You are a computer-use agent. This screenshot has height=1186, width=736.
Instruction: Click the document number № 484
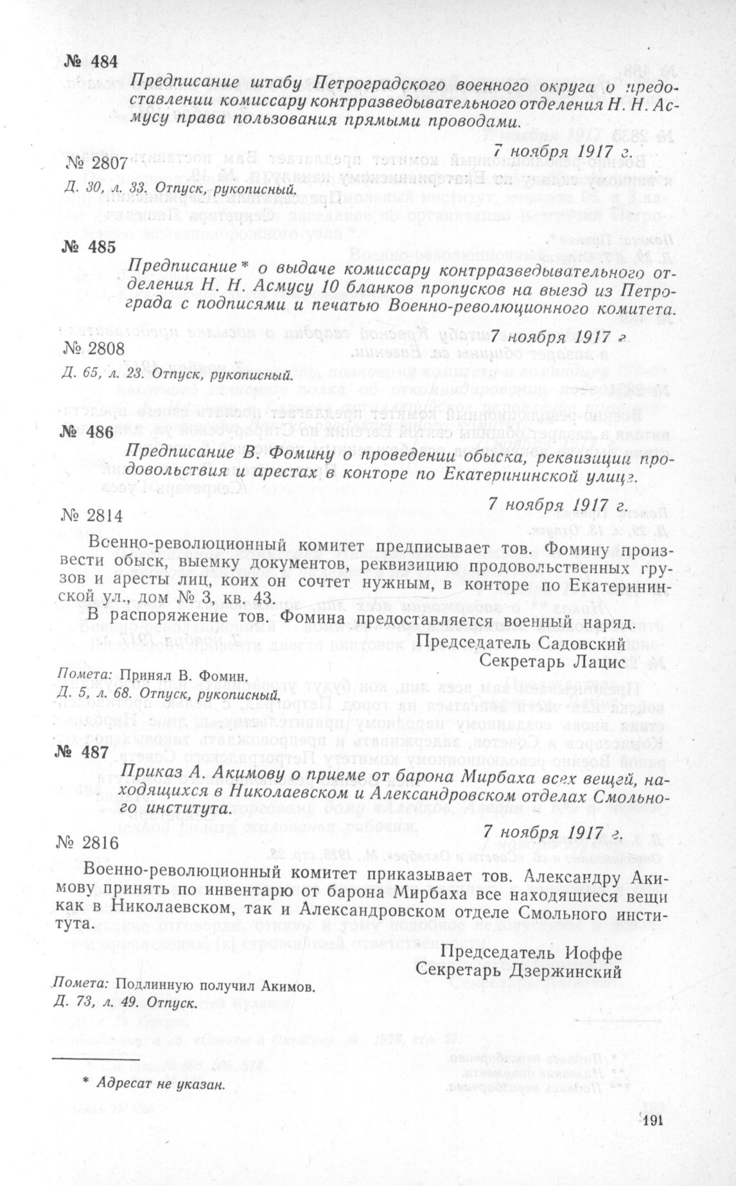(92, 62)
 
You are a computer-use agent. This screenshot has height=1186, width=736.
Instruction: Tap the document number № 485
(92, 247)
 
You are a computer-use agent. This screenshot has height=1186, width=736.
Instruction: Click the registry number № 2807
(97, 165)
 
